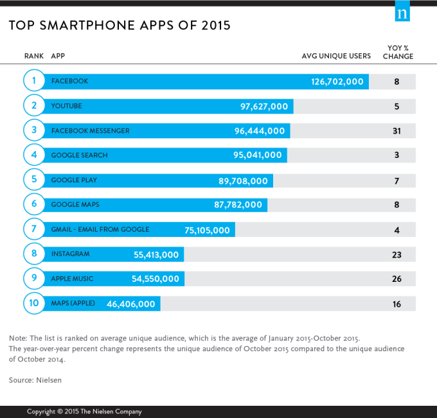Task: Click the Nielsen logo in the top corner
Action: point(402,12)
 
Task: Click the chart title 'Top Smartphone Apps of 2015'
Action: point(120,26)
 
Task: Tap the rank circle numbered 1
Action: point(33,82)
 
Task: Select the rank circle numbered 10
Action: point(33,304)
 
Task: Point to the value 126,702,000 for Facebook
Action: point(337,82)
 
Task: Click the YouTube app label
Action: point(66,106)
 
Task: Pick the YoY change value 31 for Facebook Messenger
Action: point(397,131)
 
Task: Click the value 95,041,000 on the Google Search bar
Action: point(258,155)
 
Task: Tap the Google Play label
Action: point(74,180)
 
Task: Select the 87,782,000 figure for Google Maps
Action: point(238,205)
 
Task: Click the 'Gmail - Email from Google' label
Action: point(100,229)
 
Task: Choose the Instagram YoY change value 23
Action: point(397,254)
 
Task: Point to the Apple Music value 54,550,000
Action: point(155,279)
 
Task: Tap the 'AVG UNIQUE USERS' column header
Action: point(336,56)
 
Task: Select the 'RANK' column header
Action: point(33,56)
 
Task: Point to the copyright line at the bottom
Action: point(84,412)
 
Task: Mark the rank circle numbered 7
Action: point(33,230)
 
